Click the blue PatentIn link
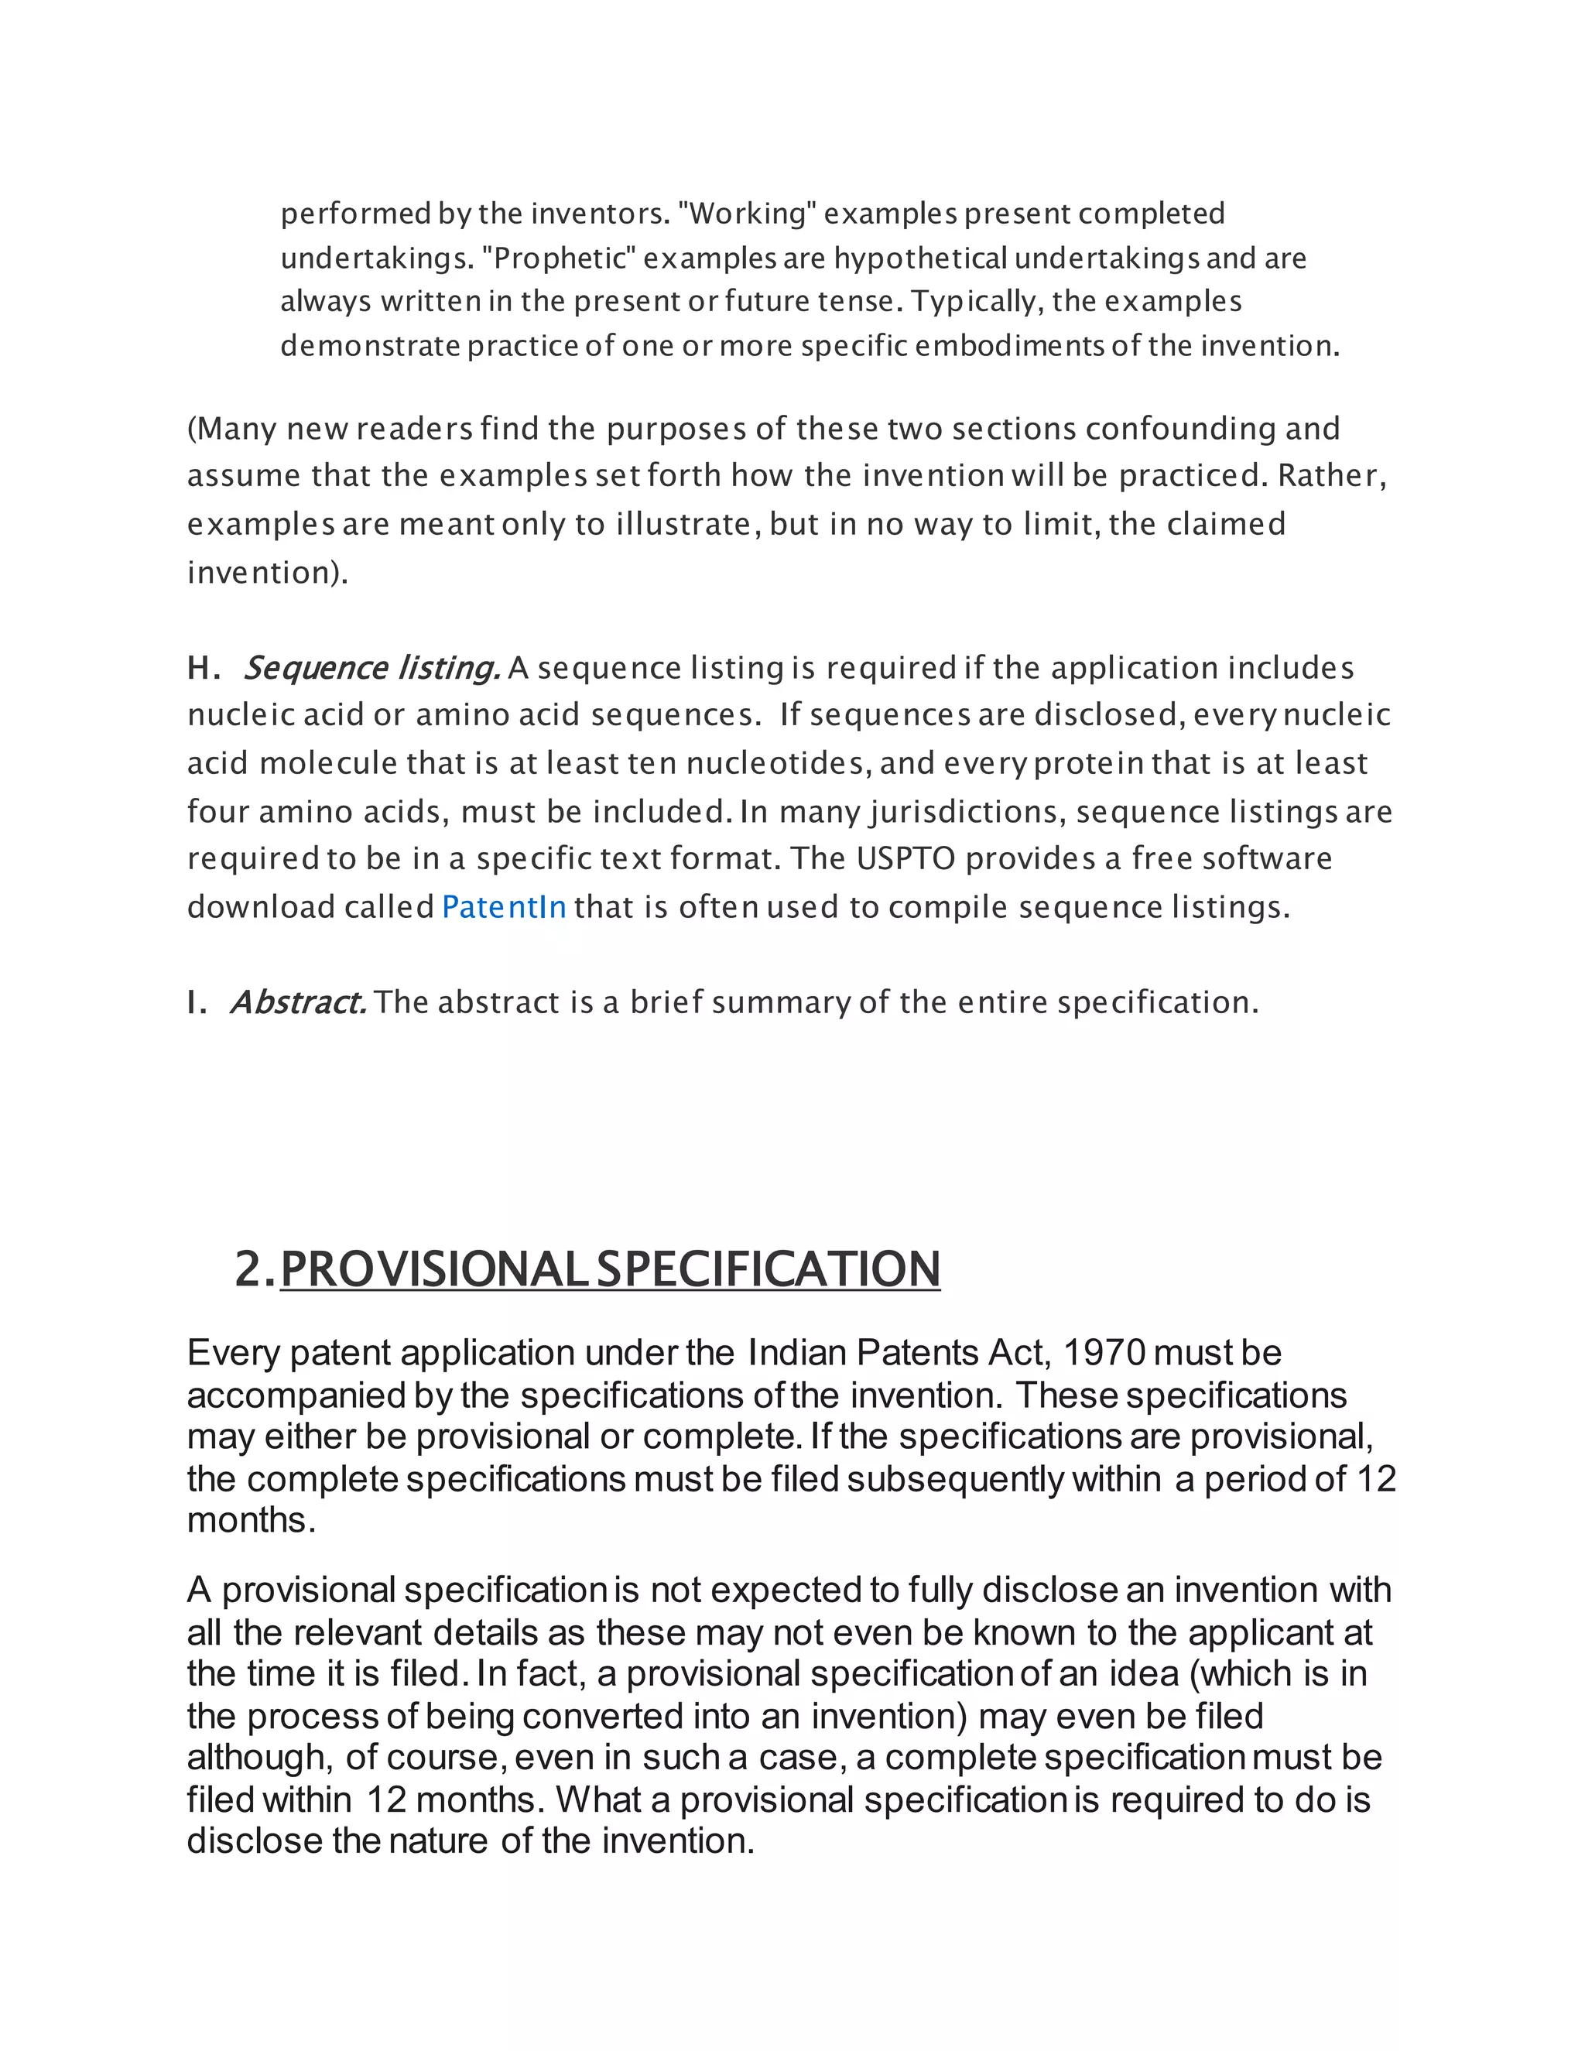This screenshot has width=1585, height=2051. tap(503, 907)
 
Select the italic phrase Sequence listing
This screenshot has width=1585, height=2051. tap(371, 668)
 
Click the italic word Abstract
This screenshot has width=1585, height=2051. tap(298, 1002)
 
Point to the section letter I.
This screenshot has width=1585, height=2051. tap(197, 1002)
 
